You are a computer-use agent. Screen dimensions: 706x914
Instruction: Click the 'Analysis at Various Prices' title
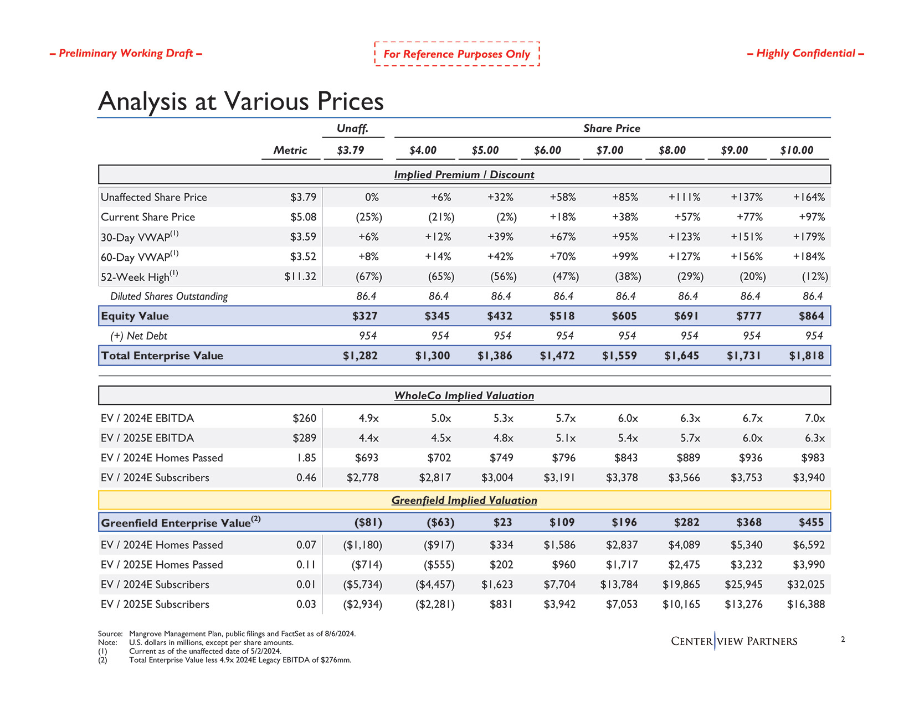click(240, 101)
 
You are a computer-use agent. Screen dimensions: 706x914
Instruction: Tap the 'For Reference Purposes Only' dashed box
click(456, 54)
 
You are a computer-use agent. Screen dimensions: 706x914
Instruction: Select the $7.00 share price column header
click(609, 151)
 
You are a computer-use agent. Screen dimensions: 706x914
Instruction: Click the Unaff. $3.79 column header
click(351, 151)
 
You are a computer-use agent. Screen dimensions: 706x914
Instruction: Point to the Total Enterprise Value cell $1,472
click(557, 356)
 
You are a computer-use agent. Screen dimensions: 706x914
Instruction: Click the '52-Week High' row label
click(139, 276)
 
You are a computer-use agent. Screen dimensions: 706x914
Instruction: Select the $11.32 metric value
click(300, 276)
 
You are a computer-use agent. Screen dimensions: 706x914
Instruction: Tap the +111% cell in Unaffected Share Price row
click(684, 197)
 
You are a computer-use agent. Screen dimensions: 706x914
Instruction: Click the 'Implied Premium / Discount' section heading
click(464, 175)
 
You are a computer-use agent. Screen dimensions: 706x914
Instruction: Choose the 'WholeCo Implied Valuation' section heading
click(464, 396)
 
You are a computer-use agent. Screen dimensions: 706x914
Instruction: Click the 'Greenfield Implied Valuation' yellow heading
click(464, 501)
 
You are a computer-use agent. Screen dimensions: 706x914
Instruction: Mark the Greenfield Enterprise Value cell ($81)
click(368, 523)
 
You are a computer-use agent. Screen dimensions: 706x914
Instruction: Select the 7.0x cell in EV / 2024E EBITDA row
click(814, 419)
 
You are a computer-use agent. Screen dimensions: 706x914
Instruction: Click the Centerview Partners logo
click(734, 641)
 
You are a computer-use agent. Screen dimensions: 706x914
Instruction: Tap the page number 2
click(843, 640)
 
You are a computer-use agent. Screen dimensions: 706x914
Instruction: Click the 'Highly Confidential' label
click(805, 53)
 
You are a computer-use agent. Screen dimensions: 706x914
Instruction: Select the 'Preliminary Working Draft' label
click(126, 53)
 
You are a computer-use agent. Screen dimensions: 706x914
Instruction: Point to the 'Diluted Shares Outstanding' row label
click(169, 296)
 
